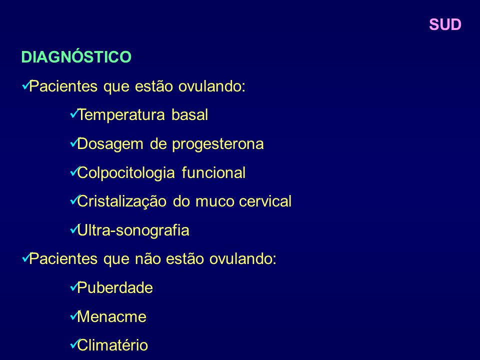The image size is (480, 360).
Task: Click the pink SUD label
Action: tap(445, 24)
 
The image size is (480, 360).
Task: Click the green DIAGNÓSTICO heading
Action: tap(76, 56)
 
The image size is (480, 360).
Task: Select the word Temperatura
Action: tap(121, 115)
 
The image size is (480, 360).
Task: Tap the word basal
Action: tap(190, 115)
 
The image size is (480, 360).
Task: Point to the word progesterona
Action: tap(217, 144)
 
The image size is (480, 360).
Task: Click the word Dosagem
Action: tap(110, 144)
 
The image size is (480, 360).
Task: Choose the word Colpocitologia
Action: tap(126, 173)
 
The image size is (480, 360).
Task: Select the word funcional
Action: tap(213, 172)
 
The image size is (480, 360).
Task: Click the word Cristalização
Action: tap(122, 201)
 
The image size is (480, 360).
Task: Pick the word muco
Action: tap(214, 201)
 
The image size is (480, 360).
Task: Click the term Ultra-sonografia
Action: tap(133, 230)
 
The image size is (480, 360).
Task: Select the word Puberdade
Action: tap(115, 288)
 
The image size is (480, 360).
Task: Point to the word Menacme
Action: tap(111, 316)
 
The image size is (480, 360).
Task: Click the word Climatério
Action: tap(112, 345)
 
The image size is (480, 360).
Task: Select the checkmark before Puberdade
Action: tap(74, 287)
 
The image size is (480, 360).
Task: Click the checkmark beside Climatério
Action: tap(74, 344)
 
